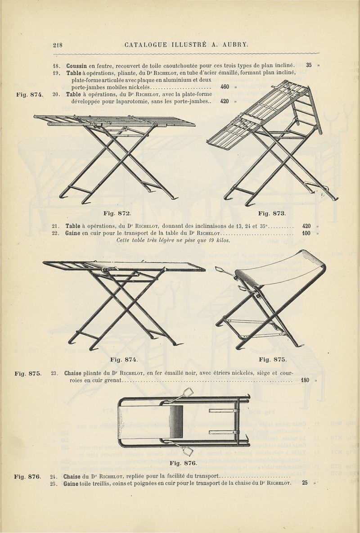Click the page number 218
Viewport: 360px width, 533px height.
(x=58, y=45)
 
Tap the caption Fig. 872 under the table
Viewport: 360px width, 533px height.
(x=117, y=213)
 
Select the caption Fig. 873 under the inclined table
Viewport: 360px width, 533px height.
(x=272, y=213)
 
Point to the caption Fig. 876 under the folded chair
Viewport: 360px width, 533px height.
(x=183, y=463)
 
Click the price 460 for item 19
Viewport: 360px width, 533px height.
(x=225, y=87)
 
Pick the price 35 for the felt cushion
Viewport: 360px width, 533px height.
(x=309, y=65)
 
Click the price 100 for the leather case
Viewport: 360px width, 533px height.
(x=306, y=233)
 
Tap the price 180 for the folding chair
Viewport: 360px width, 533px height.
(x=305, y=380)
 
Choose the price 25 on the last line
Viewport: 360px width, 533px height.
(x=305, y=482)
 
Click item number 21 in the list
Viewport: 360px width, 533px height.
(x=56, y=226)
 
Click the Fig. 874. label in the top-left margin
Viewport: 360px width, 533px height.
(x=30, y=95)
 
